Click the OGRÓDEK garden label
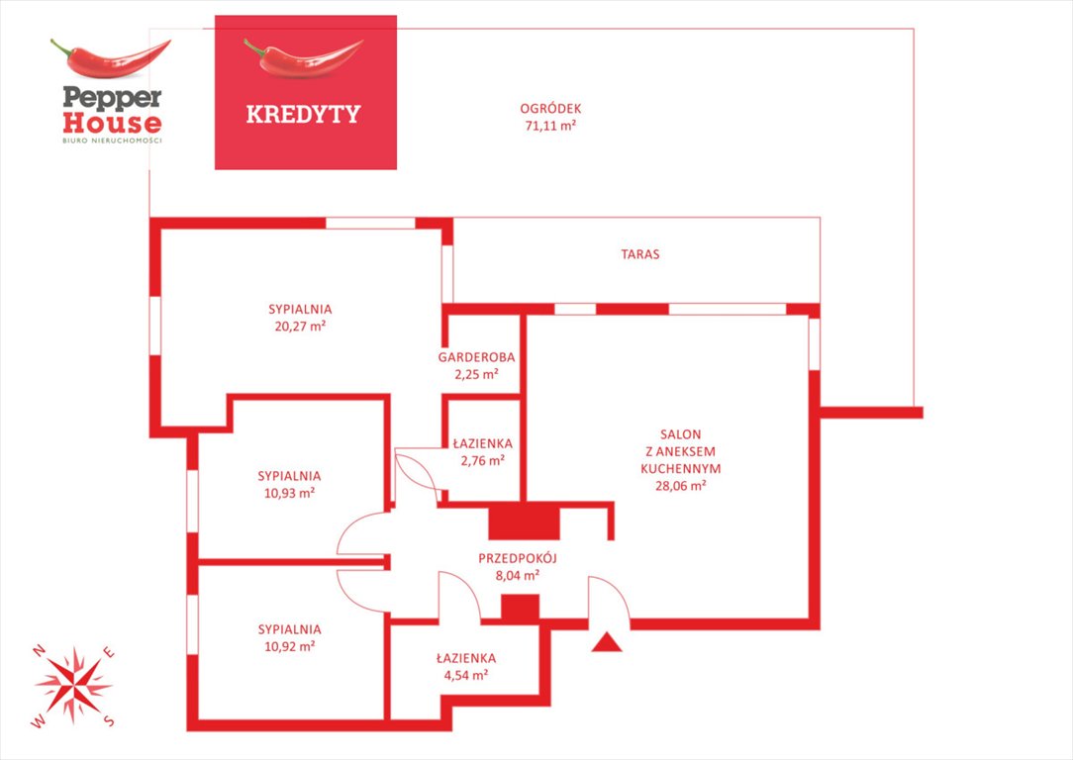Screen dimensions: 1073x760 pyautogui.click(x=550, y=109)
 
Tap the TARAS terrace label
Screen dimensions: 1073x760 pyautogui.click(x=640, y=254)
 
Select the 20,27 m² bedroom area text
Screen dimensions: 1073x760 pyautogui.click(x=300, y=327)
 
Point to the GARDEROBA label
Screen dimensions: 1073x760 pyautogui.click(x=476, y=357)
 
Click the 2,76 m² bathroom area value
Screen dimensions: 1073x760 pyautogui.click(x=482, y=460)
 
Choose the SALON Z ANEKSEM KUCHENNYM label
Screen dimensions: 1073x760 pyautogui.click(x=681, y=451)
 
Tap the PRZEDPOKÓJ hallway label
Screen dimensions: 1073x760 pyautogui.click(x=518, y=558)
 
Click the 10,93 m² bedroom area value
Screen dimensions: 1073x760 pyautogui.click(x=289, y=493)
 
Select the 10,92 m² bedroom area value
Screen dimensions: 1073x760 pyautogui.click(x=289, y=646)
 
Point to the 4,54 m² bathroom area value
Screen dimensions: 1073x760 pyautogui.click(x=466, y=675)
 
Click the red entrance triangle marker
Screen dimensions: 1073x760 pyautogui.click(x=607, y=643)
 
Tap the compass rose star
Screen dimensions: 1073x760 pyautogui.click(x=73, y=685)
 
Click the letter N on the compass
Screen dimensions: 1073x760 pyautogui.click(x=39, y=650)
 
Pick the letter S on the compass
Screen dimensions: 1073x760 pyautogui.click(x=109, y=720)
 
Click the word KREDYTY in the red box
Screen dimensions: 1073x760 pyautogui.click(x=303, y=114)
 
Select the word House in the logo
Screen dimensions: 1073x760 pyautogui.click(x=112, y=123)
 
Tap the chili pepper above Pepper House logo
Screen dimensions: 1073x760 pyautogui.click(x=110, y=58)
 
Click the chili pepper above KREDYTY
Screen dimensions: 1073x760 pyautogui.click(x=303, y=57)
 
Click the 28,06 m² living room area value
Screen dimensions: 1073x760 pyautogui.click(x=681, y=486)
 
